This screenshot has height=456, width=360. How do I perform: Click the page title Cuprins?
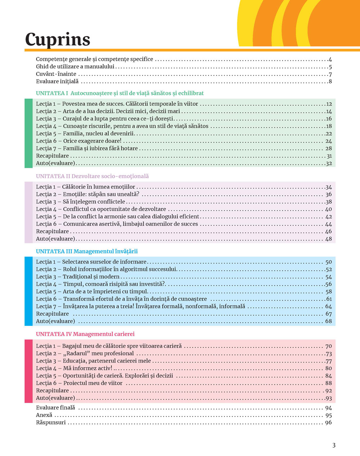pyautogui.click(x=58, y=40)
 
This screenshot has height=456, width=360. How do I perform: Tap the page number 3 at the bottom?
pyautogui.click(x=334, y=445)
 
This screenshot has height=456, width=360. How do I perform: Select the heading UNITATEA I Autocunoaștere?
pyautogui.click(x=120, y=93)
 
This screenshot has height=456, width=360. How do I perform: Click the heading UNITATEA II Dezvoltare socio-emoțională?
pyautogui.click(x=92, y=176)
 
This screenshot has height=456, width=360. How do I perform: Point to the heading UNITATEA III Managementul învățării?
pyautogui.click(x=87, y=251)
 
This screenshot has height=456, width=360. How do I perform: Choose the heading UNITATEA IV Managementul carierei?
pyautogui.click(x=85, y=334)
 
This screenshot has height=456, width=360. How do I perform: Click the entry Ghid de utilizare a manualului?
pyautogui.click(x=75, y=67)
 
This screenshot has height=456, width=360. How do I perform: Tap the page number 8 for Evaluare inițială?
pyautogui.click(x=330, y=82)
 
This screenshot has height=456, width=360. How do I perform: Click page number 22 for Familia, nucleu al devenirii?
pyautogui.click(x=328, y=134)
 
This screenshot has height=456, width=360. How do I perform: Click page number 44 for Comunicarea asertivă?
pyautogui.click(x=328, y=224)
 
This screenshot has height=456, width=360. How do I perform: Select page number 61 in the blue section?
pyautogui.click(x=329, y=299)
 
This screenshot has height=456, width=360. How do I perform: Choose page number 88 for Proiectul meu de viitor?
pyautogui.click(x=328, y=383)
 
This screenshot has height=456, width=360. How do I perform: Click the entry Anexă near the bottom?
pyautogui.click(x=44, y=415)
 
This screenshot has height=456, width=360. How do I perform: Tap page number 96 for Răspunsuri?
pyautogui.click(x=328, y=423)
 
